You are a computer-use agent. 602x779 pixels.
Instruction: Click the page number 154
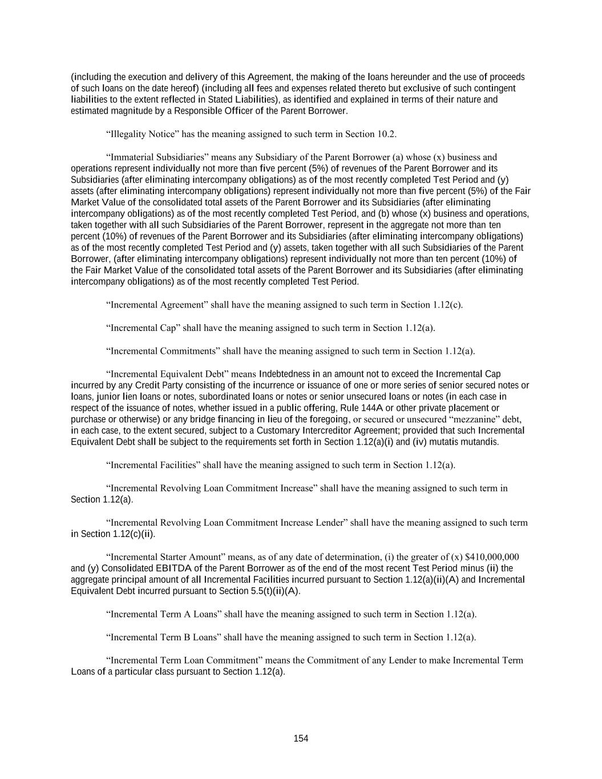[x=301, y=738]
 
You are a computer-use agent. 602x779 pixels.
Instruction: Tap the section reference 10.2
[x=386, y=134]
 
